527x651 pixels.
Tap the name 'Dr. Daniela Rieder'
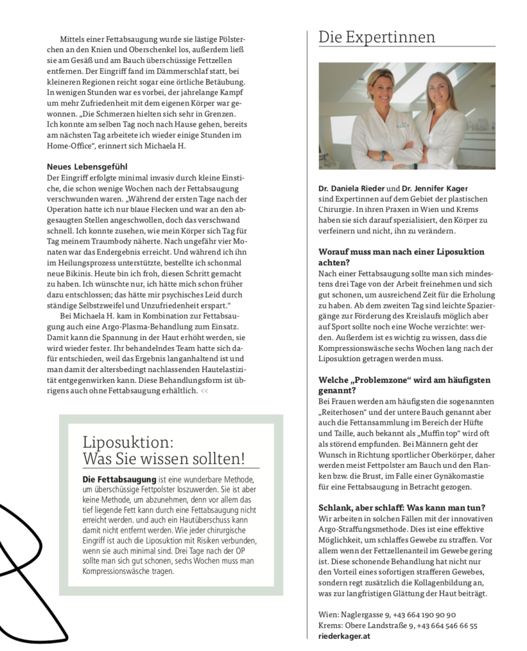pos(351,189)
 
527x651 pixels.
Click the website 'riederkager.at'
pos(344,636)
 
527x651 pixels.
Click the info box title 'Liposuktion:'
pos(128,442)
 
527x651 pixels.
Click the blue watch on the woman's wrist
pos(384,154)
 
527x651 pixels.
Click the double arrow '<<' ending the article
pos(204,391)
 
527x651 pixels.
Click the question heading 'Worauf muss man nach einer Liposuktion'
pos(401,252)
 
